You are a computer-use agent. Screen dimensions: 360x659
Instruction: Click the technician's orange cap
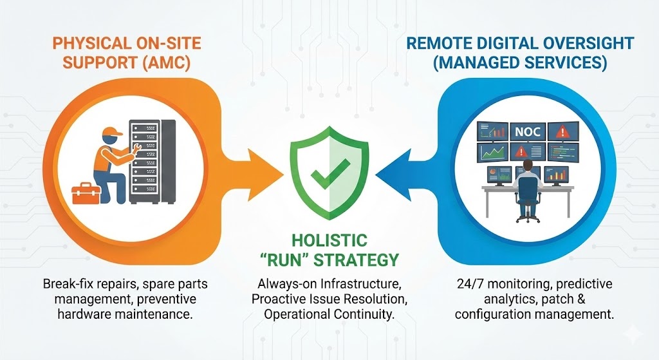113,133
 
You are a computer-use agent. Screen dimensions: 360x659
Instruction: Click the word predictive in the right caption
580,284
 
